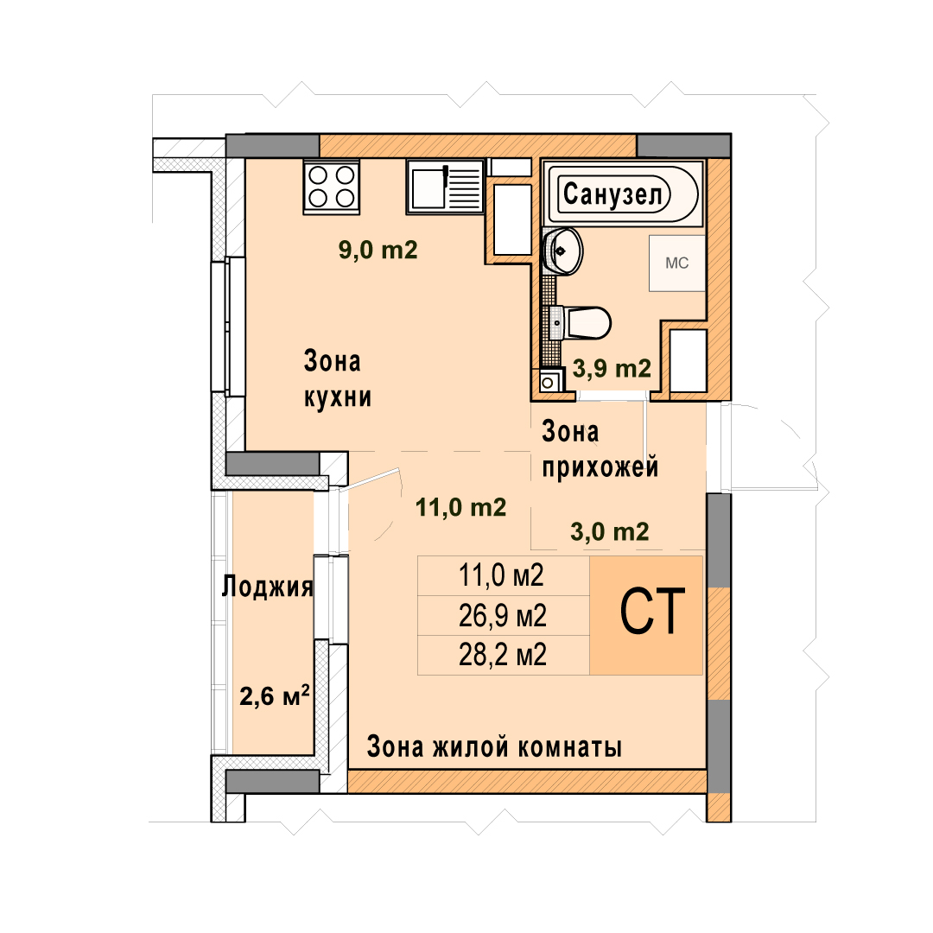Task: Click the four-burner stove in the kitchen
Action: point(332,187)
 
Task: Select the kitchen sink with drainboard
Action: point(445,187)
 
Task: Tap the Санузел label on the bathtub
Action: point(612,194)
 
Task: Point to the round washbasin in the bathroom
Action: point(563,251)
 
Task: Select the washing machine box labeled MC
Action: point(677,263)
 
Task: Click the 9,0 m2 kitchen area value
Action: point(378,250)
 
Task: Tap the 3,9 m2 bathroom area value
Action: point(612,369)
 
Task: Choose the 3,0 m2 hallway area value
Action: point(609,531)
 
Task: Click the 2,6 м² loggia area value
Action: point(275,695)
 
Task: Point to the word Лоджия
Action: point(267,587)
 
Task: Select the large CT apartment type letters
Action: point(653,612)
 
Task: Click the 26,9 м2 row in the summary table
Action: point(502,616)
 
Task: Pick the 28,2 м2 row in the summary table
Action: point(502,655)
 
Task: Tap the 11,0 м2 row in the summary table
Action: point(501,575)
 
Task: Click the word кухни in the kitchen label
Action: point(338,397)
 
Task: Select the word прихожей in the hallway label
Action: point(600,467)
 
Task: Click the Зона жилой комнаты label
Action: point(494,746)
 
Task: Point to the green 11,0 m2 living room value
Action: point(460,508)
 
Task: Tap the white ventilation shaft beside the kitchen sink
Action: point(512,219)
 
